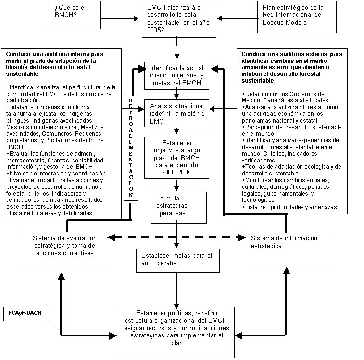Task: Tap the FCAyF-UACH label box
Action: click(x=25, y=313)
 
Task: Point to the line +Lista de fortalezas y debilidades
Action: click(x=50, y=213)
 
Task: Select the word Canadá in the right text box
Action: click(x=271, y=100)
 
